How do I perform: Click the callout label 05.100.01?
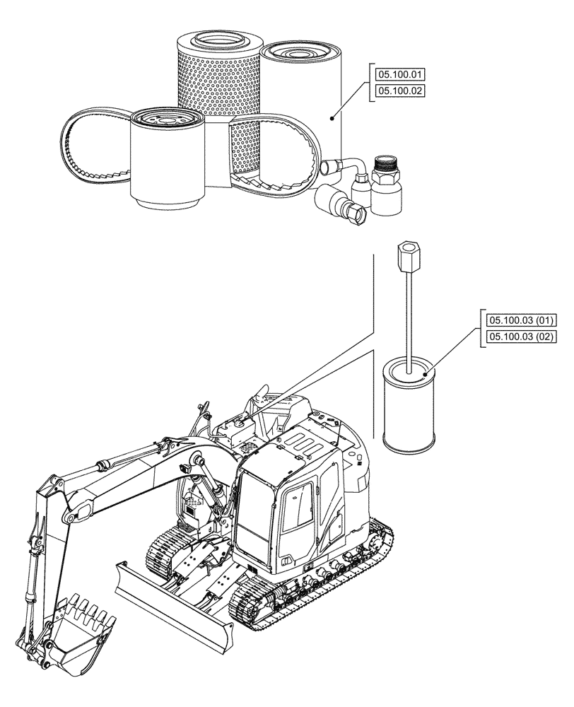click(x=399, y=73)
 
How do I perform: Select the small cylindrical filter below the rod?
click(x=409, y=407)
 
